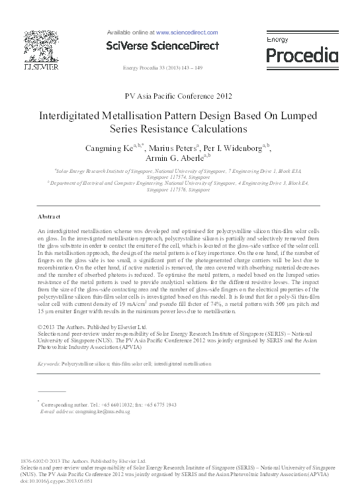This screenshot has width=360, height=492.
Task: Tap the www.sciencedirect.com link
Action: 187,32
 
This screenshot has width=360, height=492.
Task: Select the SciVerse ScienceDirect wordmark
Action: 162,46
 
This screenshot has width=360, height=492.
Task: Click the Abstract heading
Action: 50,199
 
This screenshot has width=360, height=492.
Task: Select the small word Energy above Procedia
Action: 278,40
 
